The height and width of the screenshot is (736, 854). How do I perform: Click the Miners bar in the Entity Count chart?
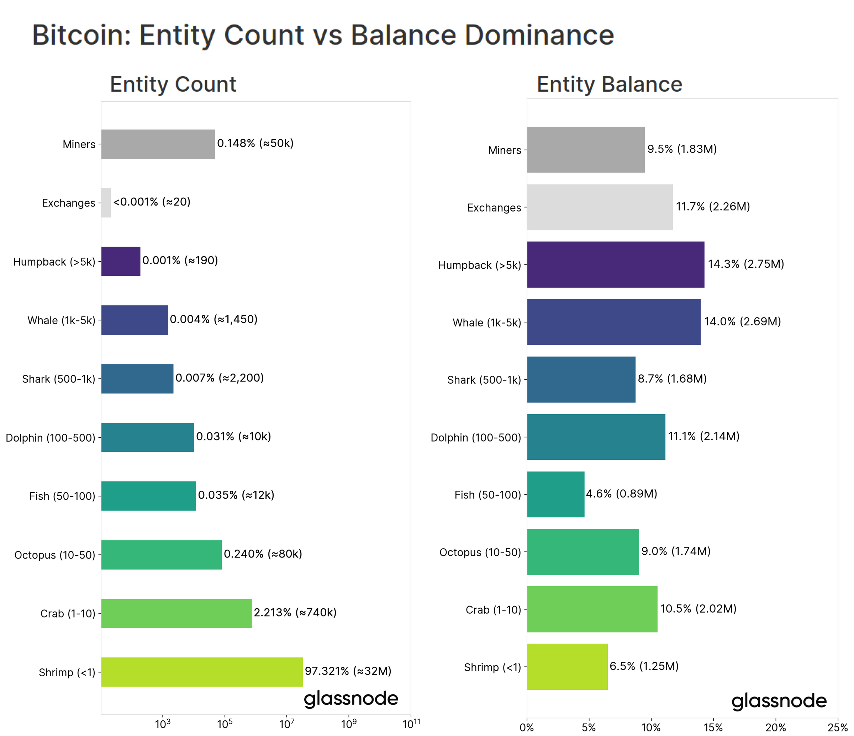click(x=158, y=144)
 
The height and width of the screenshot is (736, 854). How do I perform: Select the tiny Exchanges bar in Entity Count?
click(x=106, y=203)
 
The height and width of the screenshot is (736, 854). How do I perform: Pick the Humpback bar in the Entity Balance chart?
click(x=615, y=265)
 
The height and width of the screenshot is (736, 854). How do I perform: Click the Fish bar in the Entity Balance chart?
click(x=555, y=494)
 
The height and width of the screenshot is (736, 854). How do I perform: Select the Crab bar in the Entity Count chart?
click(x=176, y=613)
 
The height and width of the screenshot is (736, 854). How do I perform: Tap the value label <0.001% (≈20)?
click(x=152, y=202)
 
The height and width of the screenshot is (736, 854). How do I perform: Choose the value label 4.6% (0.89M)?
click(x=622, y=494)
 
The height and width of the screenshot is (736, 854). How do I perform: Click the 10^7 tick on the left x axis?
click(x=286, y=724)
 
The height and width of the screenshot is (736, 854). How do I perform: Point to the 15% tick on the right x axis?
click(x=713, y=728)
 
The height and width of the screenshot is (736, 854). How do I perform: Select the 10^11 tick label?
click(x=411, y=724)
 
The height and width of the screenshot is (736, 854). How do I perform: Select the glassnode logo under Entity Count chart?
click(x=351, y=699)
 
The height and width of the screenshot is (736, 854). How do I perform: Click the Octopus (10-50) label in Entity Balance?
click(x=480, y=552)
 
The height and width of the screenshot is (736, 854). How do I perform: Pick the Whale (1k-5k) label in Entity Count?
click(x=62, y=320)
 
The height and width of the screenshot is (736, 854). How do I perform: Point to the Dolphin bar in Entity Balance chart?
click(x=596, y=437)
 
